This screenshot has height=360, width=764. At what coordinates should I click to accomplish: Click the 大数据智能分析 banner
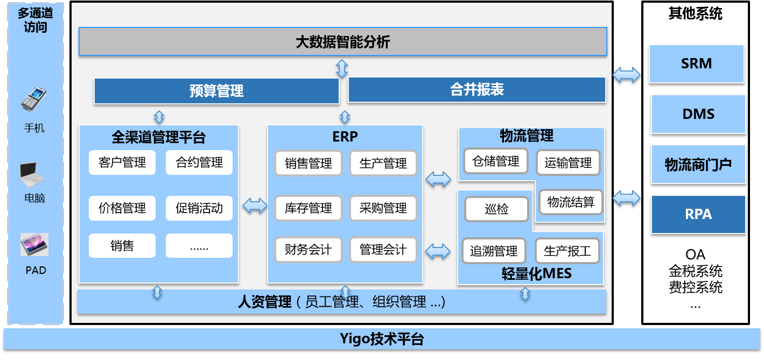coord(342,42)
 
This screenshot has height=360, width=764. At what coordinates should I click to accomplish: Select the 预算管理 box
coord(216,90)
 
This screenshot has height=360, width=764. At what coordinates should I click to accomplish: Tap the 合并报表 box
coord(476,89)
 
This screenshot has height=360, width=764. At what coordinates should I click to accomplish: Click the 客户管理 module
coord(122,163)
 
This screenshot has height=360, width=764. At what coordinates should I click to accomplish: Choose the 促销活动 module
coord(199,208)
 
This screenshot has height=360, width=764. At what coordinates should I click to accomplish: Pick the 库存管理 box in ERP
coord(308,208)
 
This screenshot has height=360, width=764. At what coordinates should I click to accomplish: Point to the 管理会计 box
coord(383,250)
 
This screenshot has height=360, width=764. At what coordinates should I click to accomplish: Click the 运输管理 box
coord(567,163)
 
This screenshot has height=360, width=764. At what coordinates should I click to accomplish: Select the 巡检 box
coord(496,209)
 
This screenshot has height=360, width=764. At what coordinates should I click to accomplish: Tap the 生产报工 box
coord(567,251)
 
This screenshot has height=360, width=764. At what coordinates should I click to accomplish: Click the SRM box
coord(696,63)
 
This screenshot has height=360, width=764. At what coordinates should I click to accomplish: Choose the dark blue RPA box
coord(698,214)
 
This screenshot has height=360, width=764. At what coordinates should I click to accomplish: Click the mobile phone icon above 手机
coord(33,100)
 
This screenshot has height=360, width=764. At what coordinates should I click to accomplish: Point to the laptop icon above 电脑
coord(32,174)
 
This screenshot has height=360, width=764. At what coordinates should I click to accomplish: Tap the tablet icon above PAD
coord(34,245)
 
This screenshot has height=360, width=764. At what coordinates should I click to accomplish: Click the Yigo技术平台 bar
coord(382,339)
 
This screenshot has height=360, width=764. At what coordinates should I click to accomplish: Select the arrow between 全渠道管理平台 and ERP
coord(255,205)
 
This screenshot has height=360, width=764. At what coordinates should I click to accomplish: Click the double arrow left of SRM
coord(626,74)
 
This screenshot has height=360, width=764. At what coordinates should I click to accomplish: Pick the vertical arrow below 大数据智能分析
coord(342,68)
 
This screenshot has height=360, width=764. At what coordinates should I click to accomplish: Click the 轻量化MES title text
coord(536,274)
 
